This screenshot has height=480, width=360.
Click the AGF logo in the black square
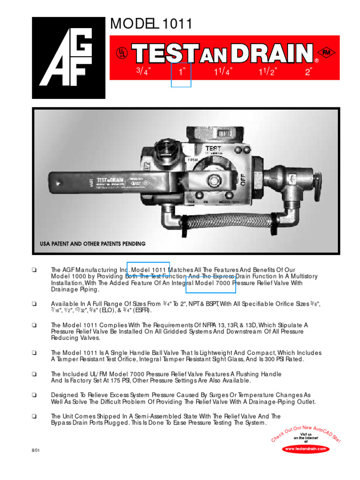(68, 58)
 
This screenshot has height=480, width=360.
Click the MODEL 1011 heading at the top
(150, 24)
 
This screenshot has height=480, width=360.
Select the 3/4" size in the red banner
(143, 72)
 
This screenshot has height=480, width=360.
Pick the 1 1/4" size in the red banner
(223, 72)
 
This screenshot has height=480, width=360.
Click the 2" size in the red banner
(308, 72)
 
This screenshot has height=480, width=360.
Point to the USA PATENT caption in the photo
(92, 244)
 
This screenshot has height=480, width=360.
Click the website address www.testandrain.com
(306, 449)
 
